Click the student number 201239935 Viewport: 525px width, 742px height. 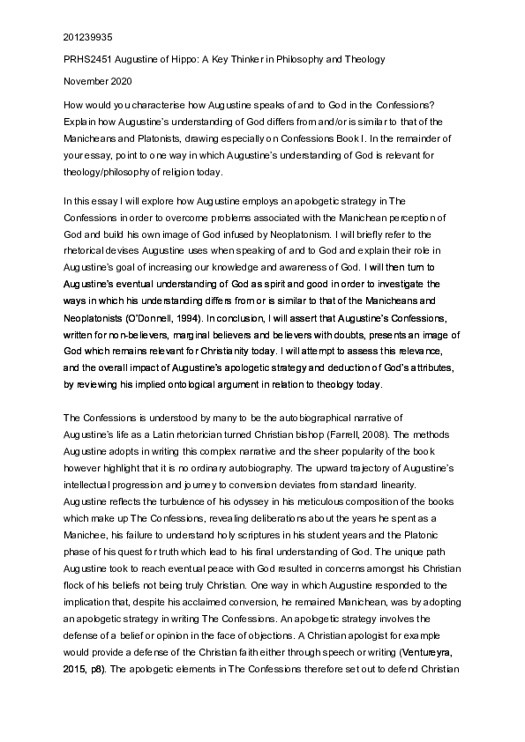(x=87, y=38)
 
